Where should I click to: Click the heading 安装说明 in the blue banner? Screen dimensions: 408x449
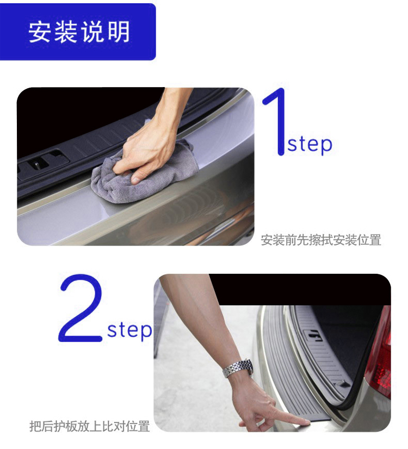point(79,32)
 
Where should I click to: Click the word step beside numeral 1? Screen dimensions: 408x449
point(310,145)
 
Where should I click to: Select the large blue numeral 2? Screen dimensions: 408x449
point(81,308)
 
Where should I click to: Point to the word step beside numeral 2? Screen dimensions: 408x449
point(129,331)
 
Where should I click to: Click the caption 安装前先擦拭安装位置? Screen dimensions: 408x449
point(321,240)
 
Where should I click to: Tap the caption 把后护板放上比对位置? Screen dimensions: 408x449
point(90,426)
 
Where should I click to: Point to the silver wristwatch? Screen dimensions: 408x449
point(238,369)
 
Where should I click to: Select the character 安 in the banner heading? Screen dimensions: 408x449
point(39,32)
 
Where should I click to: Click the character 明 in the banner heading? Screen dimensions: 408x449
point(119,32)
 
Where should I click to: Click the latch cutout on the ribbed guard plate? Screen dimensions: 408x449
point(313,336)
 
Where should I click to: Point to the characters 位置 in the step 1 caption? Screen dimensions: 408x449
point(369,240)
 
